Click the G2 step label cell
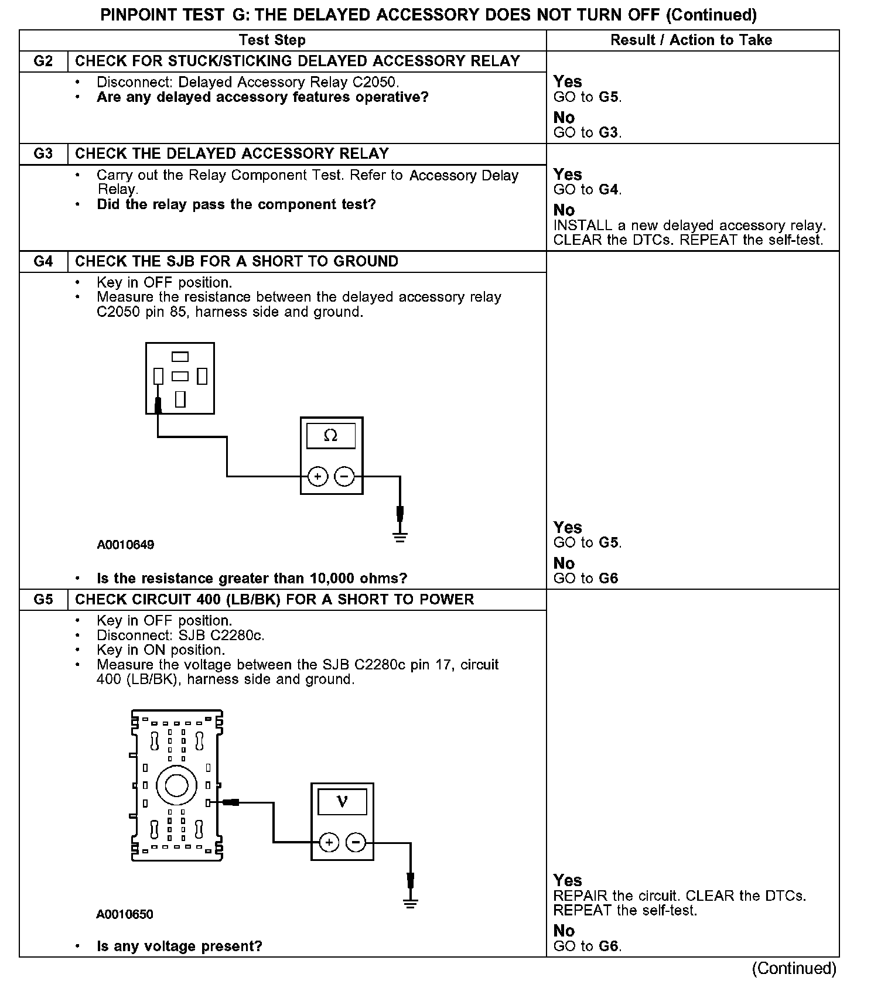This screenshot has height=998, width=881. click(43, 61)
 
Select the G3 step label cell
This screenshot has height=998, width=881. click(43, 154)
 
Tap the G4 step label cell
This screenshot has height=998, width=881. click(43, 261)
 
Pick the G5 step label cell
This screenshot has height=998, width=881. click(43, 600)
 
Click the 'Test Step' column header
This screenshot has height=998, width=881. click(272, 40)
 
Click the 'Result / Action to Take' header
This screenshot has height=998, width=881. click(691, 40)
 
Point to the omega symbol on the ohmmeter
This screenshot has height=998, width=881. click(331, 436)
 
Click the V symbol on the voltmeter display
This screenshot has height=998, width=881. click(343, 801)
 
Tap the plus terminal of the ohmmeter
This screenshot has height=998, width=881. click(317, 477)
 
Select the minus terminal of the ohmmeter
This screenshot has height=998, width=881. click(344, 477)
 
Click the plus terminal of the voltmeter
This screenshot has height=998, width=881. click(329, 843)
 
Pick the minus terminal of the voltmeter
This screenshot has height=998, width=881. click(356, 843)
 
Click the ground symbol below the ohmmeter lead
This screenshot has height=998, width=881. click(400, 537)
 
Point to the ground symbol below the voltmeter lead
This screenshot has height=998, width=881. click(410, 903)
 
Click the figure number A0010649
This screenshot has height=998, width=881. click(125, 545)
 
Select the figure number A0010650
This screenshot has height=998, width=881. click(125, 914)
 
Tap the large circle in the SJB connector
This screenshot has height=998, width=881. click(176, 785)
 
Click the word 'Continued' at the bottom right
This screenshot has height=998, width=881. click(794, 968)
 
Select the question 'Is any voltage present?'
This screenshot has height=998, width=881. click(179, 946)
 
